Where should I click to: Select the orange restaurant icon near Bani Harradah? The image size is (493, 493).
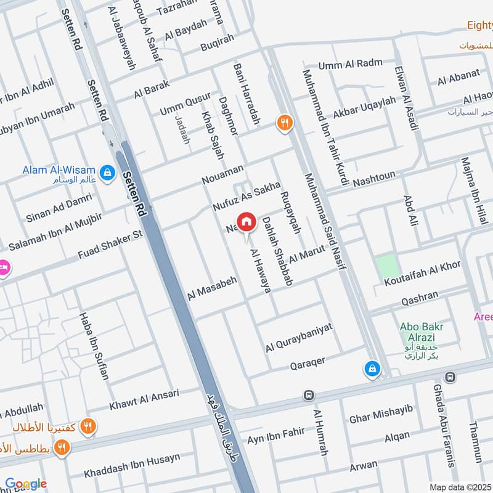(x=283, y=122)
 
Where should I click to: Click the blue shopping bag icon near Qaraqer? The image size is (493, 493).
(x=372, y=369)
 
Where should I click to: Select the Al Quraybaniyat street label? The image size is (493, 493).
(x=299, y=337)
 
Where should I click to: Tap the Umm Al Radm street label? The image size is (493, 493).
(x=350, y=64)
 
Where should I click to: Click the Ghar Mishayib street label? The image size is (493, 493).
(x=380, y=414)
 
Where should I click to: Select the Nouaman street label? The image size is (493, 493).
(x=222, y=174)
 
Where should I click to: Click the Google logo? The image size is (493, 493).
(x=26, y=484)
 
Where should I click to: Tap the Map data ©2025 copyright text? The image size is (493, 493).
(x=460, y=487)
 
